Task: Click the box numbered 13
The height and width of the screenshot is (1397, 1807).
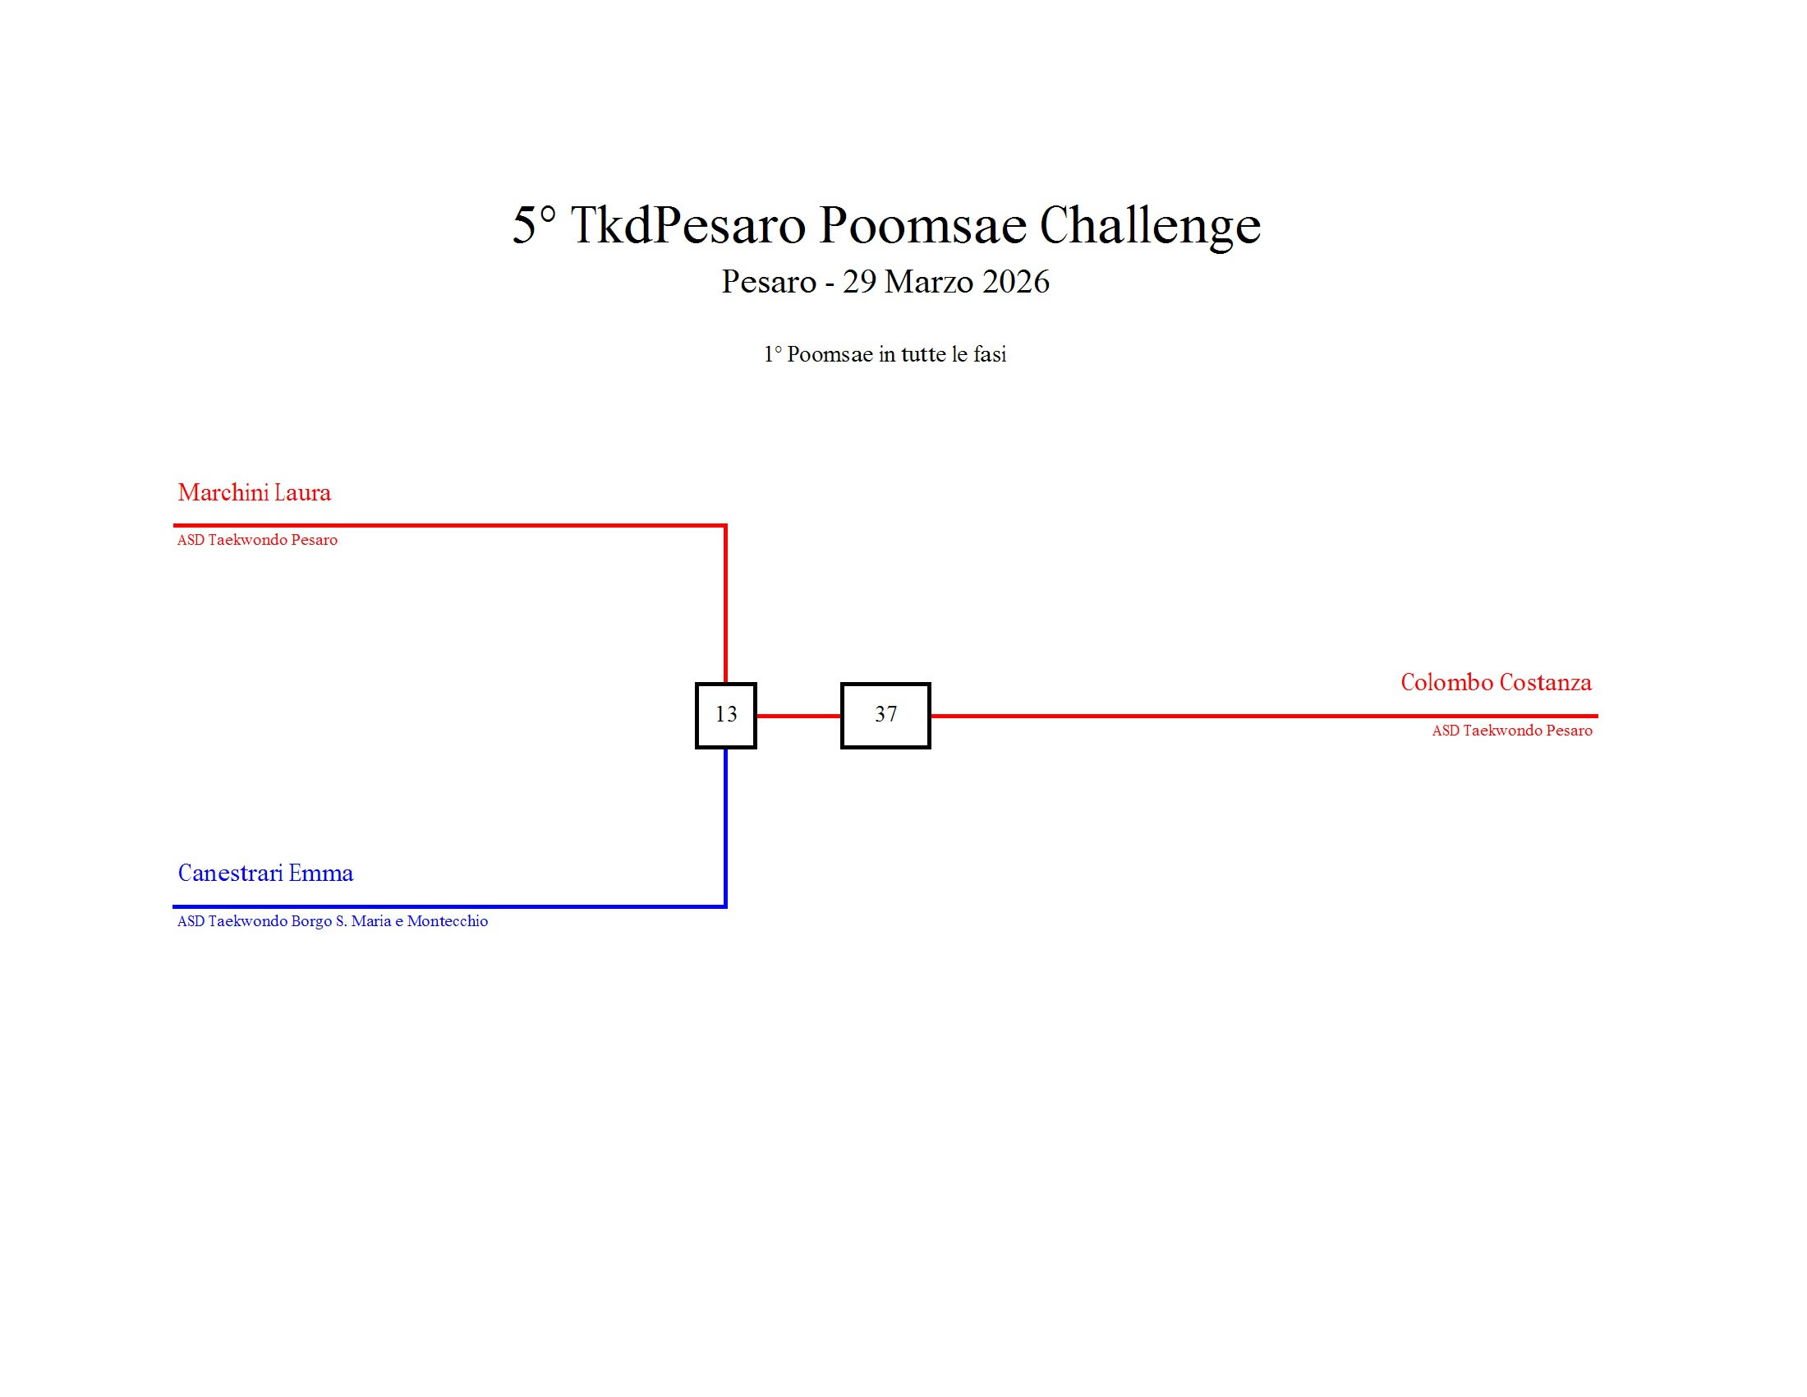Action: coord(725,715)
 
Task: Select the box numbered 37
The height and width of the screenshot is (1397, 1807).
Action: coord(885,715)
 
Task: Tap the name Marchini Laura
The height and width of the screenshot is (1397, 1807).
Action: coord(254,492)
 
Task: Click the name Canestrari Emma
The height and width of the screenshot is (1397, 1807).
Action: coord(265,873)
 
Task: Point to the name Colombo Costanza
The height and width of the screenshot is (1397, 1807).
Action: coord(1495,682)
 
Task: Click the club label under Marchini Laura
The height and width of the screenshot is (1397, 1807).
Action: coord(257,540)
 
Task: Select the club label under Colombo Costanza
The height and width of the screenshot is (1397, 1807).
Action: coord(1511,730)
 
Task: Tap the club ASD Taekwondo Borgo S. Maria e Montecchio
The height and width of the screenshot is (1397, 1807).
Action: coord(333,921)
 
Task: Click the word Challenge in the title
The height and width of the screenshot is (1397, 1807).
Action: coord(1149,224)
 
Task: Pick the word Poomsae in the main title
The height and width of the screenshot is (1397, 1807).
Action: coord(922,224)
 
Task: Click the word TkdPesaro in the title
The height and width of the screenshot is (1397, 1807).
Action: coord(687,224)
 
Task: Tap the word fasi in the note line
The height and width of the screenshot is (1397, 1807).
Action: coord(990,354)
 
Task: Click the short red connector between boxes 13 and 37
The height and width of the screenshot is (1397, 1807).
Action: coord(798,716)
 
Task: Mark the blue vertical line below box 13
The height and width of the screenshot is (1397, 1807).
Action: coord(725,828)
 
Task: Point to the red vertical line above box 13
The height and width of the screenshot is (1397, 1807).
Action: coord(725,604)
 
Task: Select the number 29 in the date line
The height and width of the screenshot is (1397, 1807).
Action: coord(859,282)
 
